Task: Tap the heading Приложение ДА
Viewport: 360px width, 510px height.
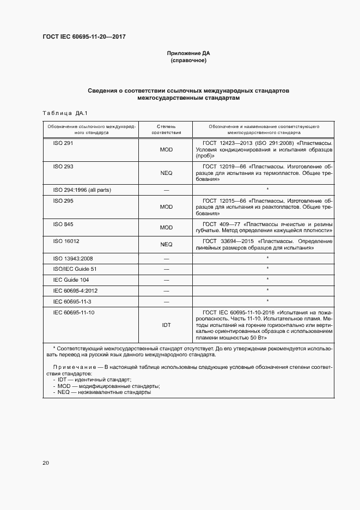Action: pos(188,53)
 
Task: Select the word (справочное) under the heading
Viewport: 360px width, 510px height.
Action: pos(188,60)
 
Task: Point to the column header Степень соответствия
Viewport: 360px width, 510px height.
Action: pos(166,129)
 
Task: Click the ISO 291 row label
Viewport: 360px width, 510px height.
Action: pos(63,143)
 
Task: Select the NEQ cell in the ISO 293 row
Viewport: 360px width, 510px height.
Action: pos(166,173)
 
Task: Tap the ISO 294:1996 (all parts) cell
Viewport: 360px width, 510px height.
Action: pos(82,190)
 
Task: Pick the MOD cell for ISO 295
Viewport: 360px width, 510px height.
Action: pos(166,207)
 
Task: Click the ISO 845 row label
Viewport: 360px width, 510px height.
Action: pos(63,224)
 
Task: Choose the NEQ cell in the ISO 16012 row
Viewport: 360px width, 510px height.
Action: pos(166,245)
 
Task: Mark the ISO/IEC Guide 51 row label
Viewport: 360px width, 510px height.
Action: pos(74,269)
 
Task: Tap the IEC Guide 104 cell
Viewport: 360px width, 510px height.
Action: pos(71,280)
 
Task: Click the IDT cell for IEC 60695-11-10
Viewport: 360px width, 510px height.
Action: pos(166,325)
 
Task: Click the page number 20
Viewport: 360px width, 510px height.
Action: pos(46,463)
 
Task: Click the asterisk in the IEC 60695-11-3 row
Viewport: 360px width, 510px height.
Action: pos(267,301)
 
